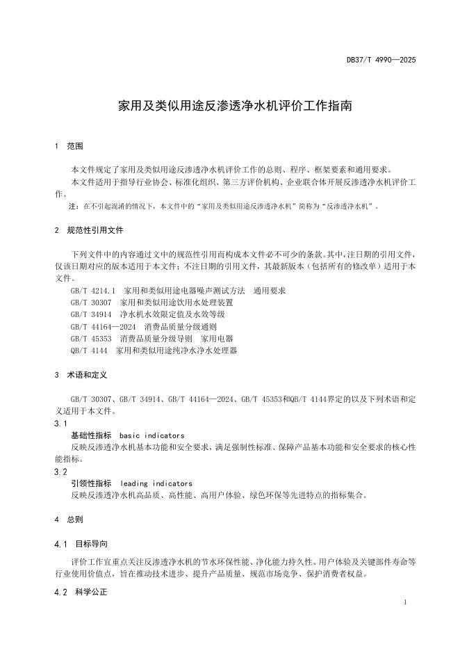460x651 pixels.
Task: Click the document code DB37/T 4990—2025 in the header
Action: click(381, 61)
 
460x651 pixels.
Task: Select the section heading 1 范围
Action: click(69, 147)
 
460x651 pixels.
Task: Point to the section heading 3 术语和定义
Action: click(81, 375)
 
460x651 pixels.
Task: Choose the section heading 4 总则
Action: click(69, 519)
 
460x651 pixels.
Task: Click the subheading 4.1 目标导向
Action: click(82, 543)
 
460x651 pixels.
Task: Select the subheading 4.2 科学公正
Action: click(82, 593)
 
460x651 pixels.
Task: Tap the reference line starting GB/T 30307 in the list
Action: click(151, 303)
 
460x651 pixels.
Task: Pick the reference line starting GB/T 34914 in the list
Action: click(147, 314)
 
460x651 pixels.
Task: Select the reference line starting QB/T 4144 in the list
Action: click(154, 351)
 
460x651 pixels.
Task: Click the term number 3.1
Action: click(60, 423)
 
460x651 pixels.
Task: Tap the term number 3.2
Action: click(60, 472)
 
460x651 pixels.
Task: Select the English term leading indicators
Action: click(156, 483)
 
